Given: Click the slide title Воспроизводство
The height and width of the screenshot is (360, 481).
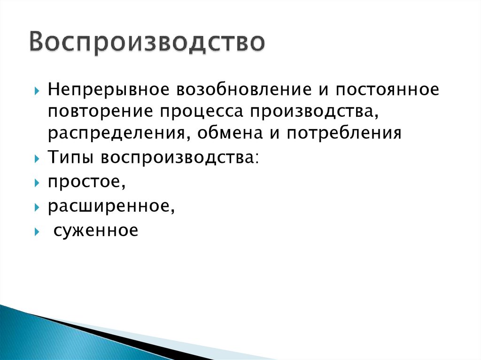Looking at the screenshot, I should coord(147,43).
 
